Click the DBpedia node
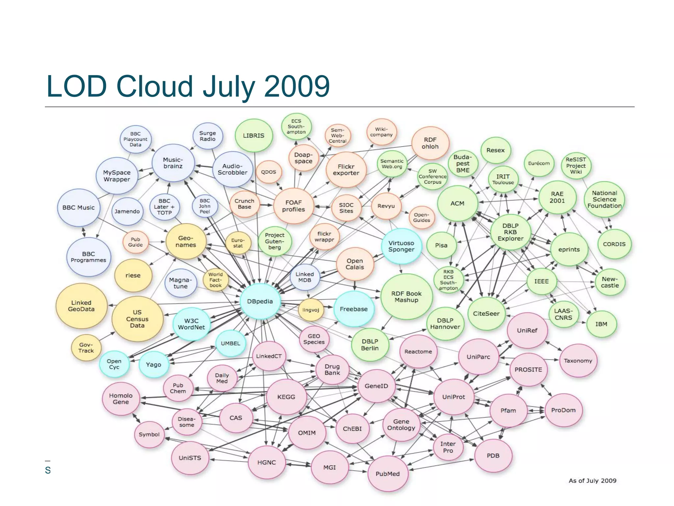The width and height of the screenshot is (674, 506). pyautogui.click(x=260, y=301)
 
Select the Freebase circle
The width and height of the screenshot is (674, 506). pyautogui.click(x=354, y=309)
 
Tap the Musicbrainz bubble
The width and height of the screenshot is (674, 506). pyautogui.click(x=173, y=163)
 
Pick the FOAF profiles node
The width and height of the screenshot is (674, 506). pyautogui.click(x=293, y=206)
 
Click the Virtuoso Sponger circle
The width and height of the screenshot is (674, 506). pyautogui.click(x=401, y=246)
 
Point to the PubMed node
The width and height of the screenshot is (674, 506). pyautogui.click(x=388, y=474)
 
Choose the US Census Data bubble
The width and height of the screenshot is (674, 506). pyautogui.click(x=137, y=319)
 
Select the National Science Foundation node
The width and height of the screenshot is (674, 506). pyautogui.click(x=604, y=199)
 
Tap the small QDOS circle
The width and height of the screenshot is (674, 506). pyautogui.click(x=269, y=172)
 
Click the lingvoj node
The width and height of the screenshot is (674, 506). pyautogui.click(x=311, y=310)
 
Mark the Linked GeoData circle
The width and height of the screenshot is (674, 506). pyautogui.click(x=81, y=306)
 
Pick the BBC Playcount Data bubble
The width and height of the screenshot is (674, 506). pyautogui.click(x=135, y=139)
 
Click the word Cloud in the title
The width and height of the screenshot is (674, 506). pyautogui.click(x=154, y=86)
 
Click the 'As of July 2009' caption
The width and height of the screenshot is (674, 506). pyautogui.click(x=592, y=481)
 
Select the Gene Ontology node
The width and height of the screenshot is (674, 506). pyautogui.click(x=401, y=425)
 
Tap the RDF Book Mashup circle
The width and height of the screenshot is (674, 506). pyautogui.click(x=406, y=297)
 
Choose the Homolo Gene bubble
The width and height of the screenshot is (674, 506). pyautogui.click(x=121, y=399)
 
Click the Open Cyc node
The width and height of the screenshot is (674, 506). pyautogui.click(x=114, y=364)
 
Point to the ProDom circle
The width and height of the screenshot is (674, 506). pyautogui.click(x=563, y=410)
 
